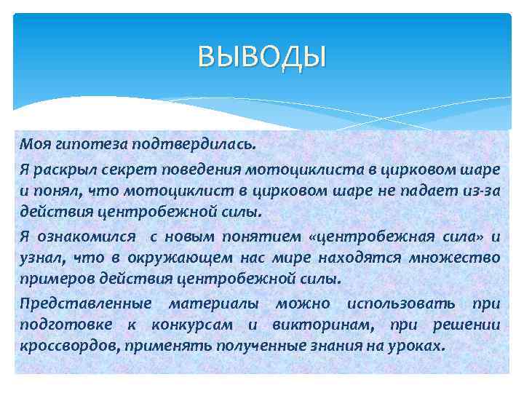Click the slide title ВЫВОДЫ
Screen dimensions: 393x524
(262, 55)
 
